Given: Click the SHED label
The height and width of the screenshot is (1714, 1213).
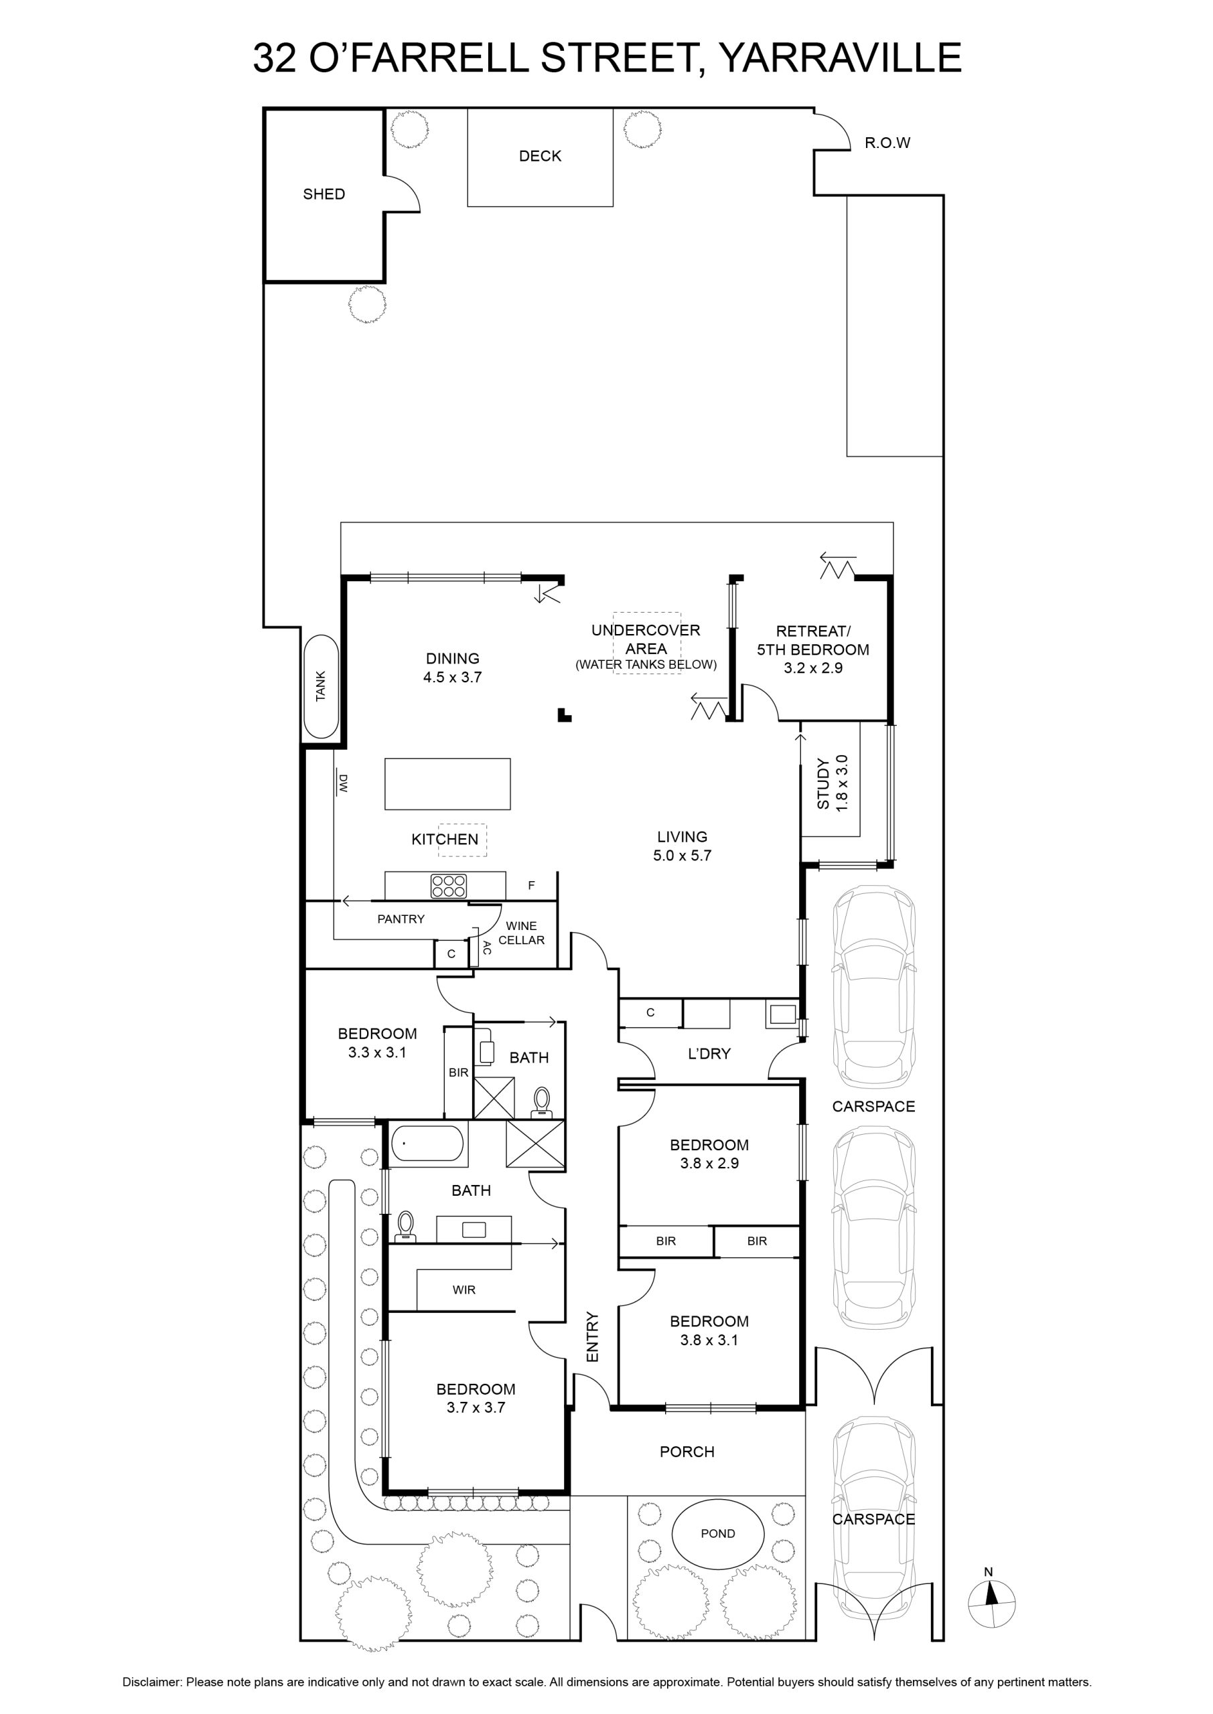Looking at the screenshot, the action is pyautogui.click(x=324, y=194).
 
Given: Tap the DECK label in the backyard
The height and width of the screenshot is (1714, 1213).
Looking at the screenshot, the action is pyautogui.click(x=540, y=156).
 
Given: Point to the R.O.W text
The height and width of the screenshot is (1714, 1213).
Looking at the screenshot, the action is pyautogui.click(x=887, y=143).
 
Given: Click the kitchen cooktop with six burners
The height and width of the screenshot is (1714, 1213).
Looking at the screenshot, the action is pyautogui.click(x=448, y=885).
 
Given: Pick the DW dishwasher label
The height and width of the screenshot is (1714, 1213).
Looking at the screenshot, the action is pyautogui.click(x=344, y=783).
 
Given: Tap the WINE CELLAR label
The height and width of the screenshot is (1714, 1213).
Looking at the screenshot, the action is pyautogui.click(x=521, y=933).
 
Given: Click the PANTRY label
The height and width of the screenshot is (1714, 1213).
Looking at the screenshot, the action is pyautogui.click(x=401, y=919).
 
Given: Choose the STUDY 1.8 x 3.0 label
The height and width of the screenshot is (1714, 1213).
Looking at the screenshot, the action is pyautogui.click(x=832, y=784).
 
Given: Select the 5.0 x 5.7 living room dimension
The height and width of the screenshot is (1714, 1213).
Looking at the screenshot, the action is pyautogui.click(x=682, y=856).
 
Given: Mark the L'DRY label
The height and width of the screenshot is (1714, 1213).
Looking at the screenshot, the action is pyautogui.click(x=709, y=1053).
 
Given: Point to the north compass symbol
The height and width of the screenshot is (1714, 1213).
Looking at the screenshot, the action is pyautogui.click(x=991, y=1602).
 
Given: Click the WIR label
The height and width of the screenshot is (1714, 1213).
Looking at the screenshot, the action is pyautogui.click(x=464, y=1290).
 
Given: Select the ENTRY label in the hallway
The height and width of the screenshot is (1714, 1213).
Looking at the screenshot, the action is pyautogui.click(x=593, y=1337).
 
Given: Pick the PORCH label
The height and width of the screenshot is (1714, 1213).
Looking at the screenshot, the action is pyautogui.click(x=687, y=1452).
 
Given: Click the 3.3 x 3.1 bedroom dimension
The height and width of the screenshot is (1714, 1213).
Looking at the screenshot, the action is pyautogui.click(x=377, y=1053).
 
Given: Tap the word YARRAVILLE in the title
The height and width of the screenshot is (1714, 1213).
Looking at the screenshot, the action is pyautogui.click(x=839, y=58).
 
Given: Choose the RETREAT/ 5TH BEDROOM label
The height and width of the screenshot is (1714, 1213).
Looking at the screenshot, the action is pyautogui.click(x=812, y=641).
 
